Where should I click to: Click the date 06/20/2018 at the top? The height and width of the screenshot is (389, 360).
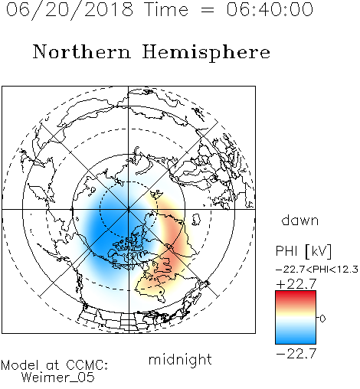pyautogui.click(x=70, y=10)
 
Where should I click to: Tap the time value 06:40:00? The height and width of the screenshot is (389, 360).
pyautogui.click(x=270, y=10)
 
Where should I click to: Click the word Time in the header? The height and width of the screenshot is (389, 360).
pyautogui.click(x=166, y=10)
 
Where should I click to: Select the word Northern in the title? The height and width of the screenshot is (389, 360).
pyautogui.click(x=82, y=51)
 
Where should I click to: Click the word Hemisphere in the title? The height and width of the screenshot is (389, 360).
pyautogui.click(x=206, y=53)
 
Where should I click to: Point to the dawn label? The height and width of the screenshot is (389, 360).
pyautogui.click(x=300, y=220)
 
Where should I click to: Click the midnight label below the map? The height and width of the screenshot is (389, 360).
pyautogui.click(x=180, y=359)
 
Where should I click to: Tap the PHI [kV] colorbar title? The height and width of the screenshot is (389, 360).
pyautogui.click(x=303, y=251)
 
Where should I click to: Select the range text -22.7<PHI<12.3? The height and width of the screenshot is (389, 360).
pyautogui.click(x=317, y=270)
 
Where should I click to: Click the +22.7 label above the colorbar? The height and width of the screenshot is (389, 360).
pyautogui.click(x=296, y=284)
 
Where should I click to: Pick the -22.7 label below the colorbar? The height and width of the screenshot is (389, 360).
pyautogui.click(x=296, y=354)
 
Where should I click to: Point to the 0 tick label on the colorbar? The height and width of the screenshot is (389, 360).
pyautogui.click(x=322, y=319)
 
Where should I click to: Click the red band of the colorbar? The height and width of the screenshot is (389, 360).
pyautogui.click(x=296, y=297)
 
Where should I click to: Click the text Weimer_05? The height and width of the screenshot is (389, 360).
pyautogui.click(x=58, y=377)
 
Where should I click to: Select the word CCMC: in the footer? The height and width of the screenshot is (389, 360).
pyautogui.click(x=87, y=365)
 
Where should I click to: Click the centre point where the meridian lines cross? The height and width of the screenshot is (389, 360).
pyautogui.click(x=129, y=210)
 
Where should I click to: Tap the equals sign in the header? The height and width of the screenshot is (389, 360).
pyautogui.click(x=208, y=10)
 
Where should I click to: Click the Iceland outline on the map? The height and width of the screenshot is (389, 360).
pyautogui.click(x=196, y=220)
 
